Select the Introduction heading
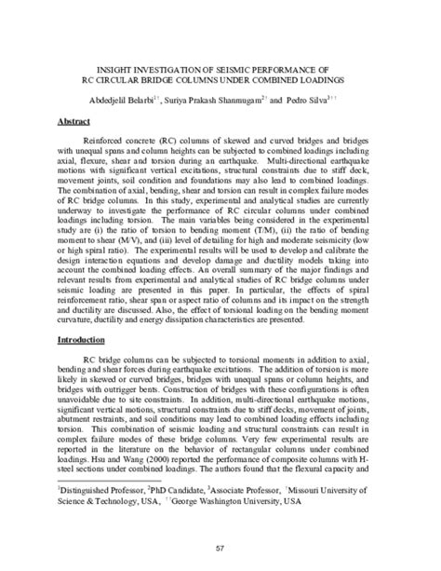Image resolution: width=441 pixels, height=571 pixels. point(85,314)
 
